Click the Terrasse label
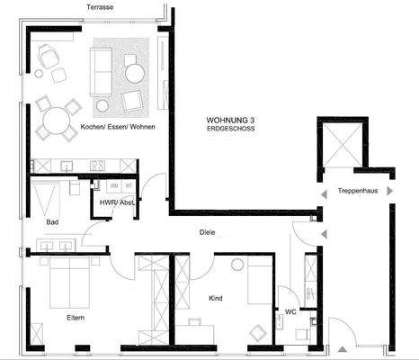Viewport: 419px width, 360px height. tap(99, 6)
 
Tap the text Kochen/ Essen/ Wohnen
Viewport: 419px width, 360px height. tap(117, 127)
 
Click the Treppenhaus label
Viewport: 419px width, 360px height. tap(357, 191)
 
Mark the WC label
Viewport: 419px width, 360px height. tap(290, 311)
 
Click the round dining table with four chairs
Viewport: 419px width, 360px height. tap(55, 120)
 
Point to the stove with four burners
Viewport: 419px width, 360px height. tap(97, 165)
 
